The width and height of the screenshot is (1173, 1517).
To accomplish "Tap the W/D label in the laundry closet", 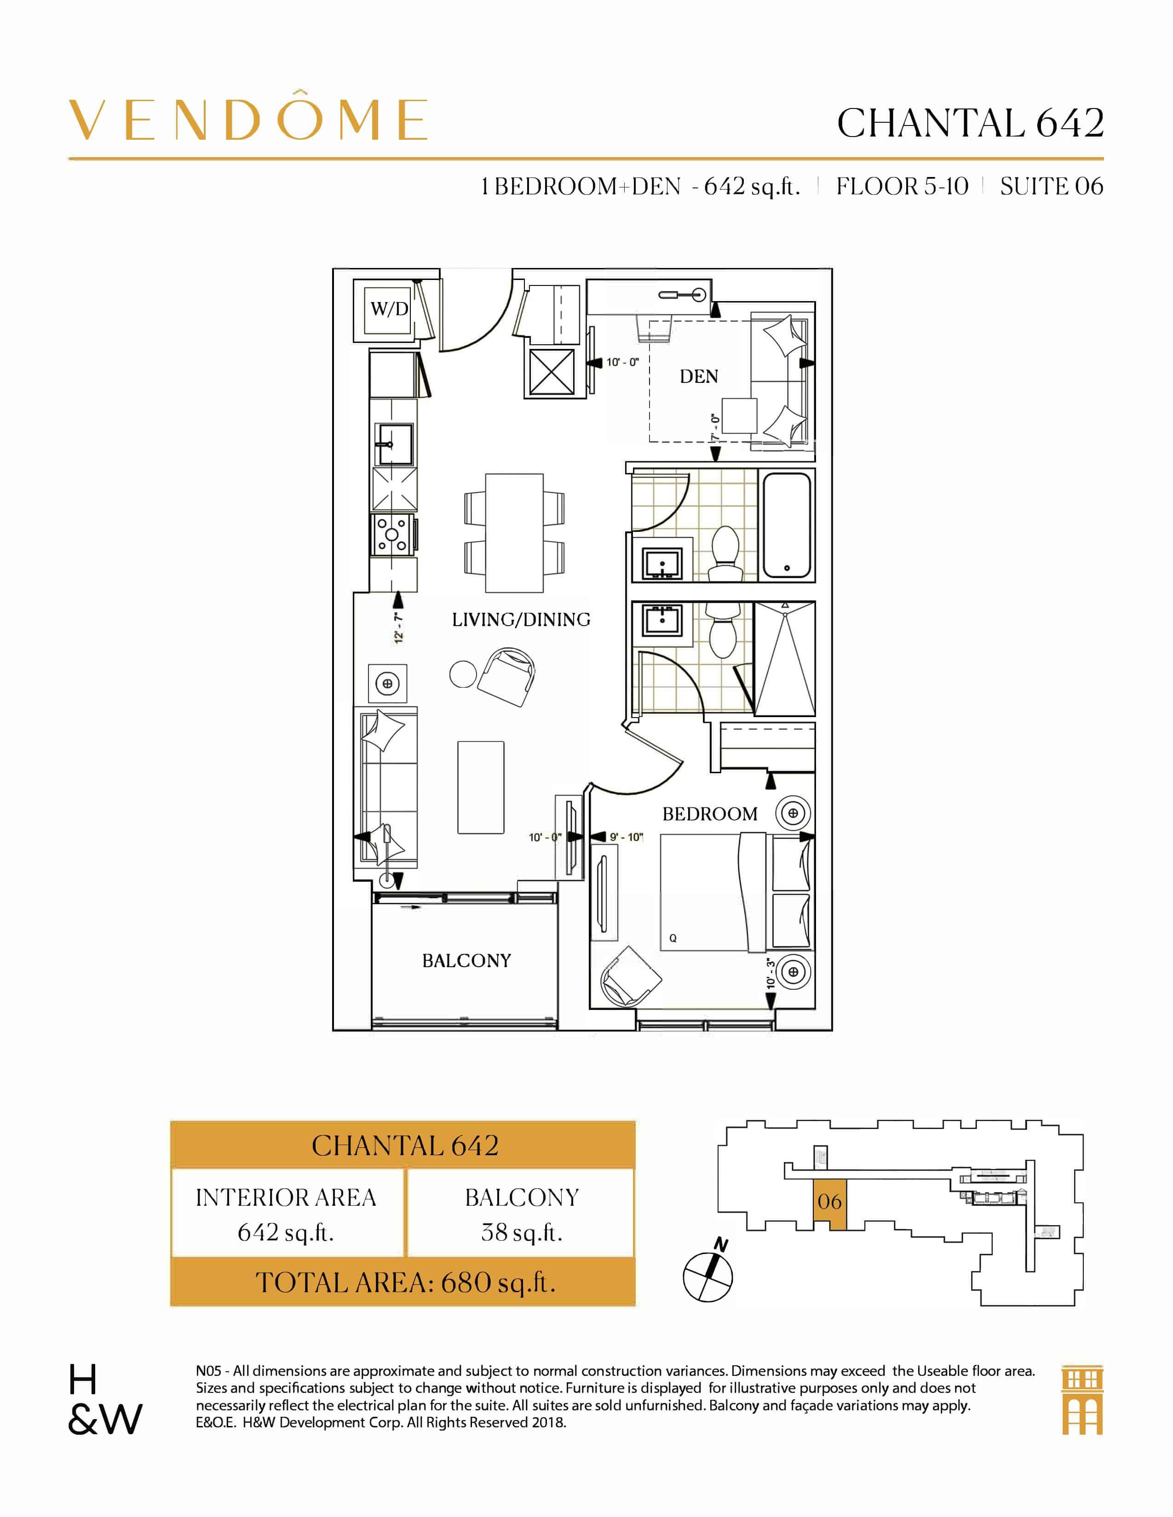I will (x=389, y=308).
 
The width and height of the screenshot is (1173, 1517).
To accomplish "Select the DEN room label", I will (x=698, y=376).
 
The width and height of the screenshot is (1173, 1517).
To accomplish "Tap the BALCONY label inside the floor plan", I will (x=466, y=961).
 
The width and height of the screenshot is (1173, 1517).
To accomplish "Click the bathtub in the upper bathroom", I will (x=787, y=525).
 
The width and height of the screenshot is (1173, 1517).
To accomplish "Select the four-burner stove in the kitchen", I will (x=393, y=535).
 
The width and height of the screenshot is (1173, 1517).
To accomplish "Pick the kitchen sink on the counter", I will (x=394, y=444).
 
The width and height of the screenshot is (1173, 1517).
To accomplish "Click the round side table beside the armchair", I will (x=463, y=674).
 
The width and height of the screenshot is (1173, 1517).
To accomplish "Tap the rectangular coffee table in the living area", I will (x=480, y=787).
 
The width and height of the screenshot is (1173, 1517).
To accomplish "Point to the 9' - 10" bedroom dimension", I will (x=626, y=837).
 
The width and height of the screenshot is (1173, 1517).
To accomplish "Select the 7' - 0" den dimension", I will (x=715, y=427).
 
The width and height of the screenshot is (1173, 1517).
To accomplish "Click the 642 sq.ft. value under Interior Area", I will (x=286, y=1232).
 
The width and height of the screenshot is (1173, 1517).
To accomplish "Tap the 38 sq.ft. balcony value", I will (x=521, y=1232).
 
